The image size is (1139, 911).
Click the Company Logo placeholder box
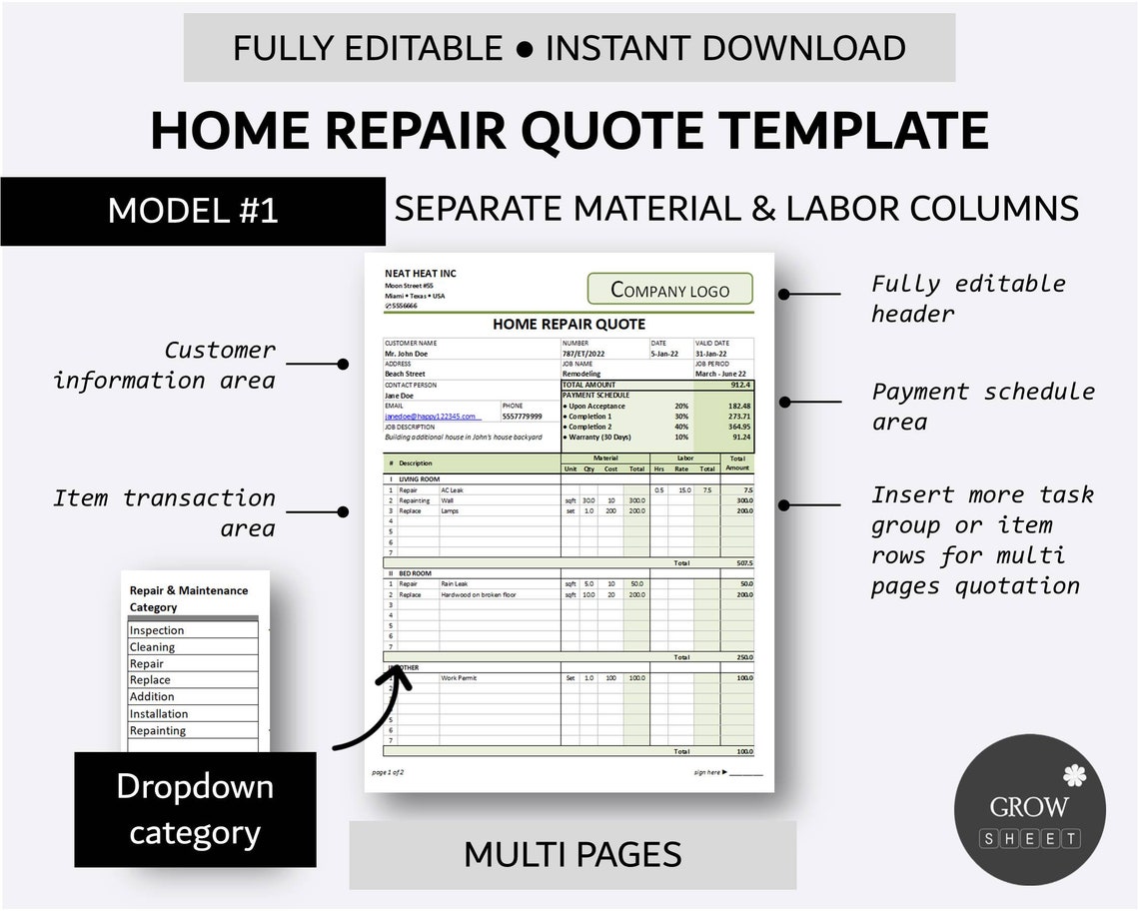[x=669, y=290]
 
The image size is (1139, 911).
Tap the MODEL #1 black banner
[x=193, y=211]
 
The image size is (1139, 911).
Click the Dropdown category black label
[x=195, y=809]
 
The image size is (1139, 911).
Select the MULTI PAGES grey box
[x=572, y=854]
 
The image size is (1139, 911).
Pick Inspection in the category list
[x=158, y=630]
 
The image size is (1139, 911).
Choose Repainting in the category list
[x=158, y=730]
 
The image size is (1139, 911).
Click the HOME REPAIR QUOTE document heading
[x=569, y=324]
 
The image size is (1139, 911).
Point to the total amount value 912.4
[x=740, y=385]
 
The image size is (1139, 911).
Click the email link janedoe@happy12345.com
[x=432, y=417]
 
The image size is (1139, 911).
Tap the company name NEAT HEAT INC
[x=421, y=274]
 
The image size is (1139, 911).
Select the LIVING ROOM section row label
[x=419, y=479]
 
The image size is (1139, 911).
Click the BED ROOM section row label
[x=415, y=573]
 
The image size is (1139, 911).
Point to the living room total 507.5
[x=744, y=563]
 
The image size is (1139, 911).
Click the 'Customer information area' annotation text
[x=165, y=365]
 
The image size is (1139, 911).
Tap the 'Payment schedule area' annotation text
[x=983, y=406]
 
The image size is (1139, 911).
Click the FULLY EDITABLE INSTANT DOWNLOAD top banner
[x=569, y=48]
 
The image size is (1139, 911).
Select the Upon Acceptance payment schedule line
[x=596, y=407]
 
